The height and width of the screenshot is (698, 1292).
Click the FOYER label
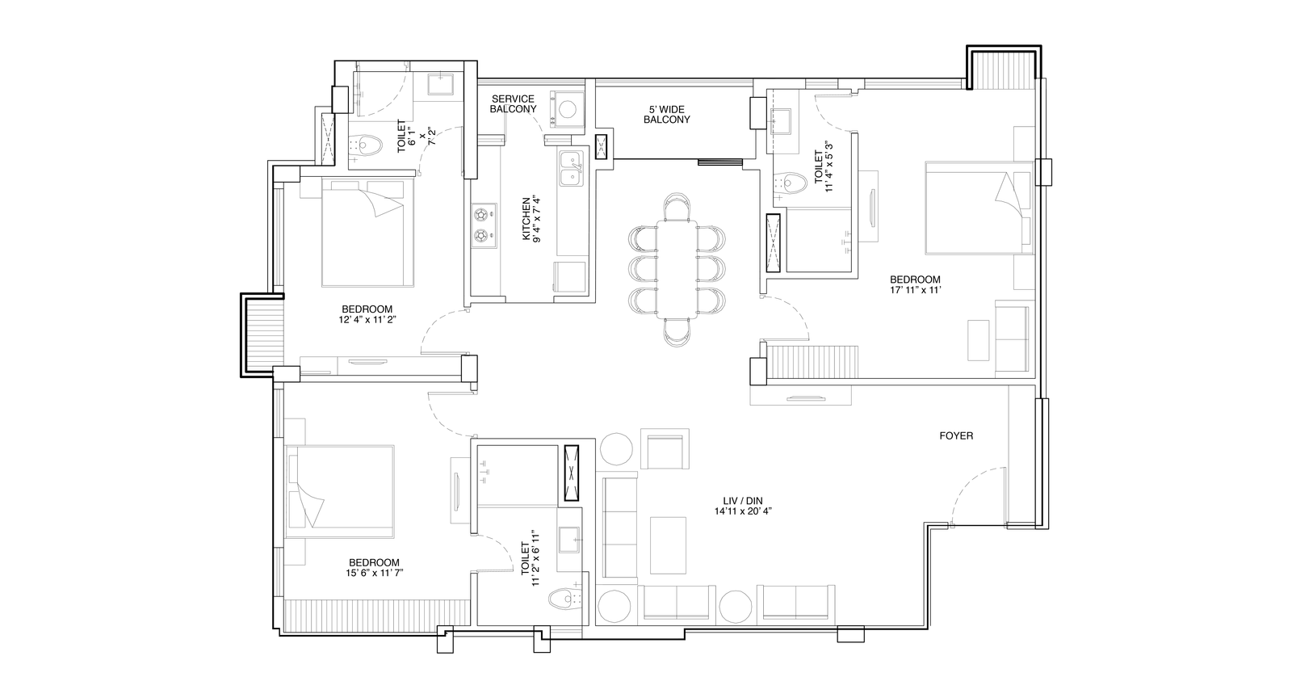pos(956,436)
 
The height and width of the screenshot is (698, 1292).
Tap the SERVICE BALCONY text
pos(513,104)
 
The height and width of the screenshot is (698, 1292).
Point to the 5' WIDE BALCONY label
pos(667,115)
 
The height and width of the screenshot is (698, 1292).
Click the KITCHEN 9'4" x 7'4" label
pos(531,219)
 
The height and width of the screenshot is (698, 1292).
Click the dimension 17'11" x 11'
pos(916,290)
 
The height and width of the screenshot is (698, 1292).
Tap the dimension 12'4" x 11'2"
pos(367,319)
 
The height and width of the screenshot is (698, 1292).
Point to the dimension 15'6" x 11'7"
pos(374,573)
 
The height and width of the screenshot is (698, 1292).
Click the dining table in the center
pos(677,269)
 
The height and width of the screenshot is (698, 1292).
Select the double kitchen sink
pos(571,169)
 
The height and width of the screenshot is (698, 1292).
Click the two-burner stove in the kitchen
pos(484,225)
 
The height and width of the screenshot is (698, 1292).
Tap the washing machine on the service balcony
pos(567,110)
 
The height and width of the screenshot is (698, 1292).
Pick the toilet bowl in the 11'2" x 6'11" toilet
pos(564,599)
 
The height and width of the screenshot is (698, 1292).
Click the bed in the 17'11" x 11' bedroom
pos(978,208)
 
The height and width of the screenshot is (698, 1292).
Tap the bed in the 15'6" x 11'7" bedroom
pos(340,491)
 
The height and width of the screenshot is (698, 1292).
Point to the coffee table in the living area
pos(668,545)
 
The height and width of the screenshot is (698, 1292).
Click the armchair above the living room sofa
pos(665,449)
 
